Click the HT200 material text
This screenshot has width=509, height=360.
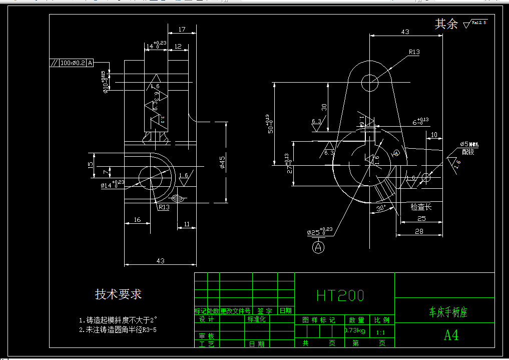coord(340,295)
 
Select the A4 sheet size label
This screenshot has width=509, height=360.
coord(451,335)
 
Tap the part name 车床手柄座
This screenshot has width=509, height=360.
coord(448,313)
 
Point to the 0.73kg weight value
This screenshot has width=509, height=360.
coord(355,331)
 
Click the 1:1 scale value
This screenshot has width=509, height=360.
coord(380,332)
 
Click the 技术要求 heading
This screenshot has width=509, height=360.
coord(118,294)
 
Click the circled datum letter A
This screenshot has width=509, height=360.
coord(318,246)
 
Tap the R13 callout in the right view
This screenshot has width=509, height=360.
coord(414,52)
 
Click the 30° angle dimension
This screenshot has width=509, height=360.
coord(381,208)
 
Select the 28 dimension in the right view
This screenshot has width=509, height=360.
coord(419,231)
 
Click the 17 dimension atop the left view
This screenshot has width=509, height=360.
coord(181,30)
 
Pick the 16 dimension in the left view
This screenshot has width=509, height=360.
coord(137,220)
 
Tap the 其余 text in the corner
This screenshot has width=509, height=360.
coord(446,24)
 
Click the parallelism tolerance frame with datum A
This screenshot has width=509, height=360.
coord(72,63)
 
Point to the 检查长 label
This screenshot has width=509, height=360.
coord(420,206)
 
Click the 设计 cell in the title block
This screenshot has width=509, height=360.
coord(206,319)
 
